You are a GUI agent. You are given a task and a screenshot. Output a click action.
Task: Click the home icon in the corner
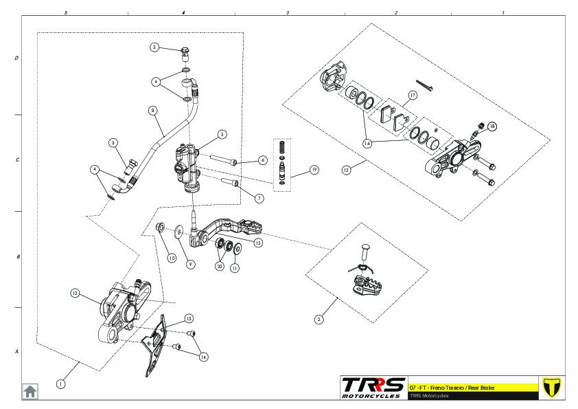[x=30, y=390]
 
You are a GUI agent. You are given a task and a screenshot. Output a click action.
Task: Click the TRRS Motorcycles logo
[x=373, y=387]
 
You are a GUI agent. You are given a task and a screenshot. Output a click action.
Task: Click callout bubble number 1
[x=61, y=384]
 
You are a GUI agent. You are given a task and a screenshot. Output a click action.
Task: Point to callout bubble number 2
[x=319, y=319]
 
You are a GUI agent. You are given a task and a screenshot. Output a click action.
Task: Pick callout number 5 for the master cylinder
[x=222, y=134]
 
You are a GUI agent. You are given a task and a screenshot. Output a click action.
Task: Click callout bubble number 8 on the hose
[x=152, y=110]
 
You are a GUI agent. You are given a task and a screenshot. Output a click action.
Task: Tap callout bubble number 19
[x=314, y=169]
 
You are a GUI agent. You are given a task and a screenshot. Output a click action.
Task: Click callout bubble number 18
[x=492, y=126]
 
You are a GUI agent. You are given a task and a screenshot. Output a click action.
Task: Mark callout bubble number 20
[x=219, y=266]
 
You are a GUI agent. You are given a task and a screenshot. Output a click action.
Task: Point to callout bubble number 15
[x=258, y=243]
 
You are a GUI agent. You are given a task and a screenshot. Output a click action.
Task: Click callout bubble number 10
[x=172, y=258]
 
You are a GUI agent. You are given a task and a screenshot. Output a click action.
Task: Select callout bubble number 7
[x=259, y=198]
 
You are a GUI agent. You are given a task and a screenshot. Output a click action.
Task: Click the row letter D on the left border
[x=16, y=58]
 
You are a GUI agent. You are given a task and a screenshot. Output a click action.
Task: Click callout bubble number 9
[x=191, y=264]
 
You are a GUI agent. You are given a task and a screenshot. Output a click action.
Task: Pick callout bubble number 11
[x=235, y=268]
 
